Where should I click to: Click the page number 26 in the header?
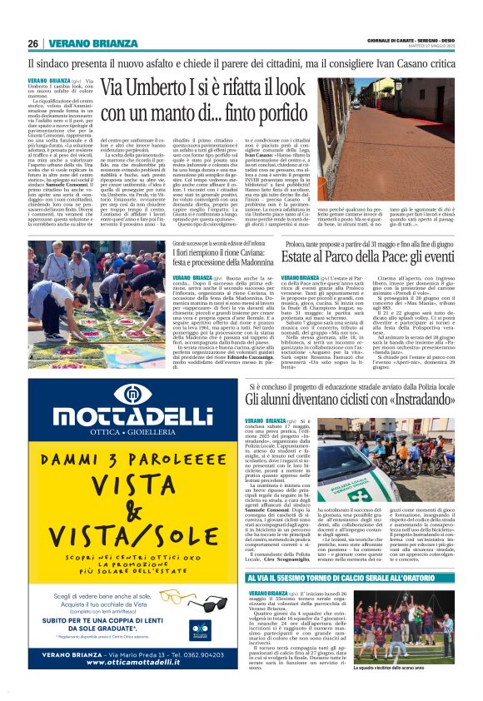pos(33,43)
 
